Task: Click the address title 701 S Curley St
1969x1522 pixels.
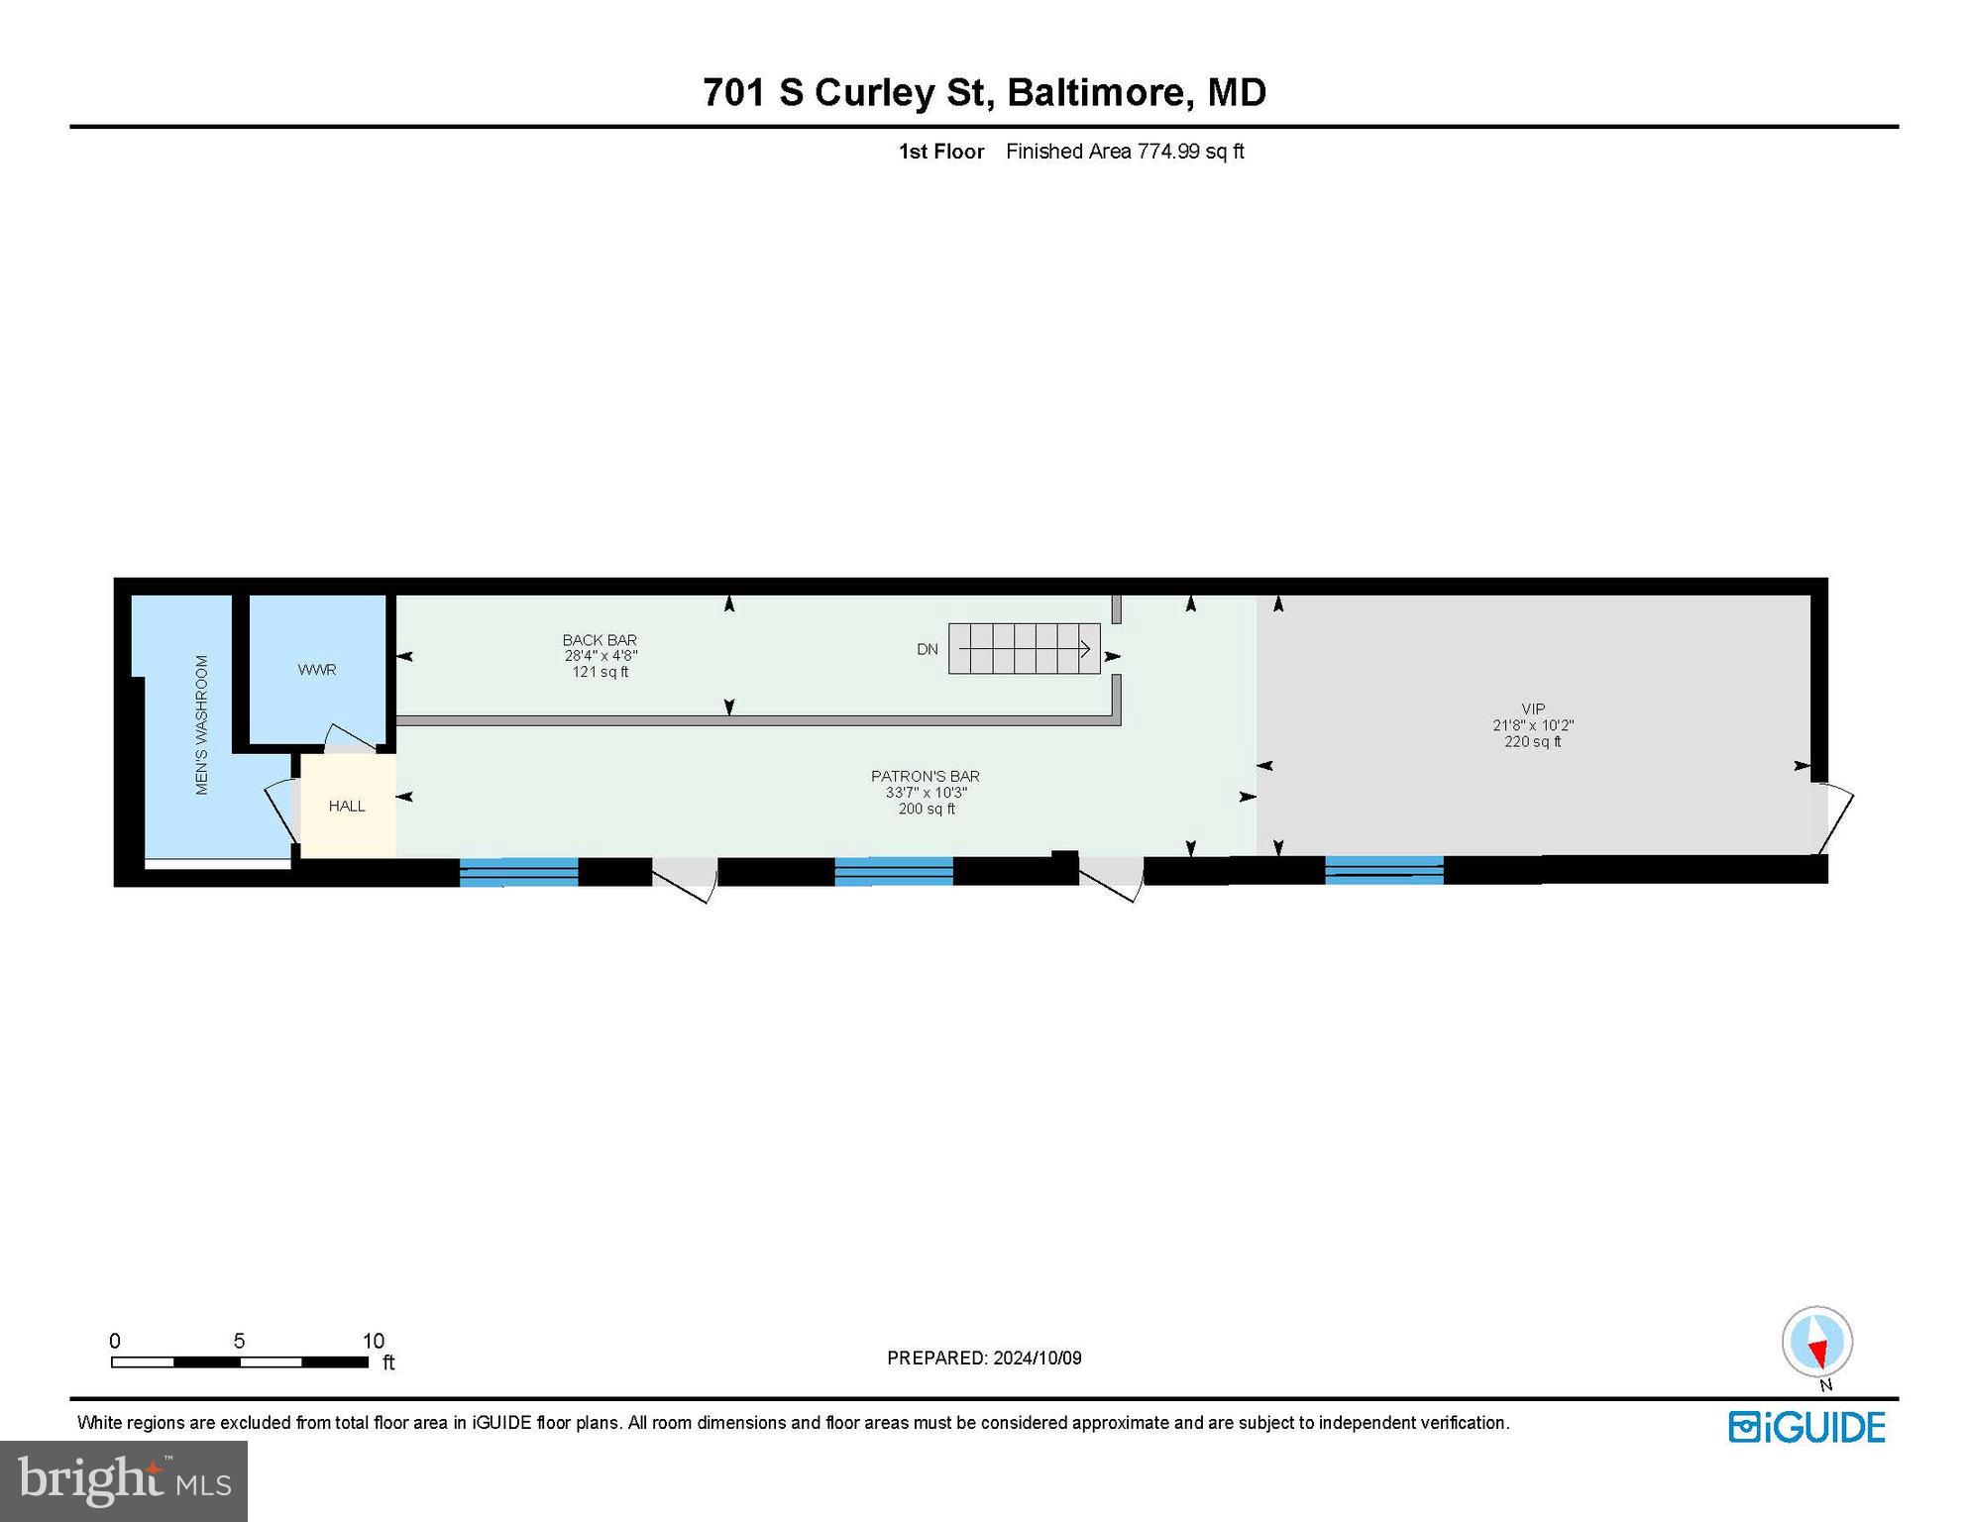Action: click(x=847, y=92)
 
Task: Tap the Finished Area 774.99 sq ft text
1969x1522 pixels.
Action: click(x=1125, y=152)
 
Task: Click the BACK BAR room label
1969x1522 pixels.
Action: click(x=600, y=640)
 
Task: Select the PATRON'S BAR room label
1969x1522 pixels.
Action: click(x=926, y=776)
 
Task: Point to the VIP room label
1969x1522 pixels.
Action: click(x=1533, y=708)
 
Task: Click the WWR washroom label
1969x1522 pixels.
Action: click(x=317, y=670)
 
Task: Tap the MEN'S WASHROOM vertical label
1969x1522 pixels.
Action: click(x=202, y=724)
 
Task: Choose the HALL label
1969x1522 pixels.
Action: click(x=347, y=806)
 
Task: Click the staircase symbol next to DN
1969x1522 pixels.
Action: click(x=1024, y=649)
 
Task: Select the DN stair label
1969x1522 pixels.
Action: click(x=928, y=649)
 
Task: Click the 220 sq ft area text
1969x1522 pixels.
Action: click(x=1533, y=741)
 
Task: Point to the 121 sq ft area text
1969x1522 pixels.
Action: click(x=600, y=672)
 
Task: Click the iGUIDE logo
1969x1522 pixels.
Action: click(x=1806, y=1428)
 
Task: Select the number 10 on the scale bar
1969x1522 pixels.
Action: click(x=373, y=1341)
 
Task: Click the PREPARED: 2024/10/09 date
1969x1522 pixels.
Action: click(x=984, y=1358)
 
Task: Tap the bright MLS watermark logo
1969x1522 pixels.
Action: click(x=124, y=1479)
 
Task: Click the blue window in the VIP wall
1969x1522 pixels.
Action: click(x=1384, y=869)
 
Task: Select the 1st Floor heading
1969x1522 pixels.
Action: click(x=941, y=152)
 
